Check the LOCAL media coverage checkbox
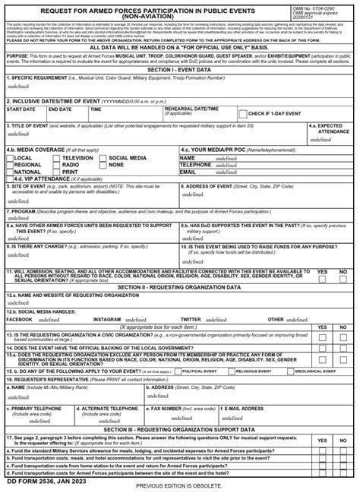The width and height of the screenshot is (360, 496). [10, 158]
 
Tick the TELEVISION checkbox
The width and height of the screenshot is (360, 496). [56, 158]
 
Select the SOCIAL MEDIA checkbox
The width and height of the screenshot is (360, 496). [103, 158]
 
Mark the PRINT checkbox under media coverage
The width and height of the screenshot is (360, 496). [56, 172]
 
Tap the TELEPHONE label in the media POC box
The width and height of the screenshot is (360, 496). [195, 165]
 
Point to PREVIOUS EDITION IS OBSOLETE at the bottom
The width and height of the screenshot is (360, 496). [179, 486]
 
